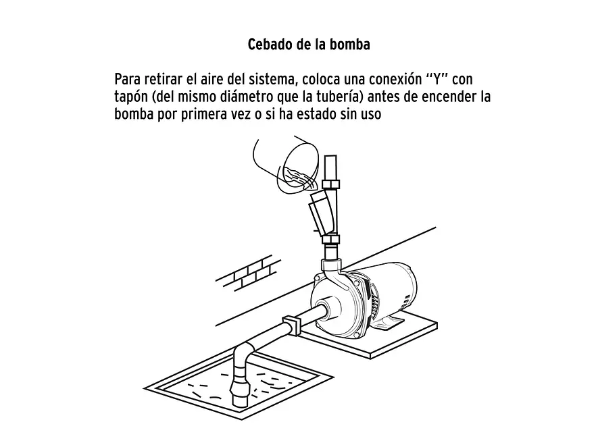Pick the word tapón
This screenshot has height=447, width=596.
pos(134,97)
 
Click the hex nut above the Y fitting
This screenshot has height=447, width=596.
pos(330,184)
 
